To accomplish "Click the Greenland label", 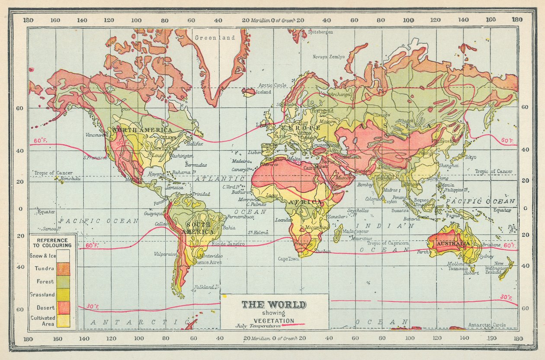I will tap(215, 38).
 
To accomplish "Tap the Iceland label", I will tap(263, 92).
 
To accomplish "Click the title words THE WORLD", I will tap(274, 304).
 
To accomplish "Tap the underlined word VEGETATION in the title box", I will tap(274, 320).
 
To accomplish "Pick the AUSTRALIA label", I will tap(453, 244).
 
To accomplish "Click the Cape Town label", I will tap(289, 259).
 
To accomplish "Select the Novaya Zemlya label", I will tap(329, 57).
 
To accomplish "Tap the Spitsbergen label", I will tap(320, 32).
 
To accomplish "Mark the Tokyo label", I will tap(470, 157).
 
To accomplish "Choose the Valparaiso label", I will tap(166, 254).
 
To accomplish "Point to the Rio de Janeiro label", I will tap(228, 244).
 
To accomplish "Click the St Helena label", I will tap(256, 232).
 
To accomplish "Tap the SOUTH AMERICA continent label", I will tap(199, 228).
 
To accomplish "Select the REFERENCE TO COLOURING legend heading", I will tap(52, 243).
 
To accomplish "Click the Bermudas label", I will tap(196, 165).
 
